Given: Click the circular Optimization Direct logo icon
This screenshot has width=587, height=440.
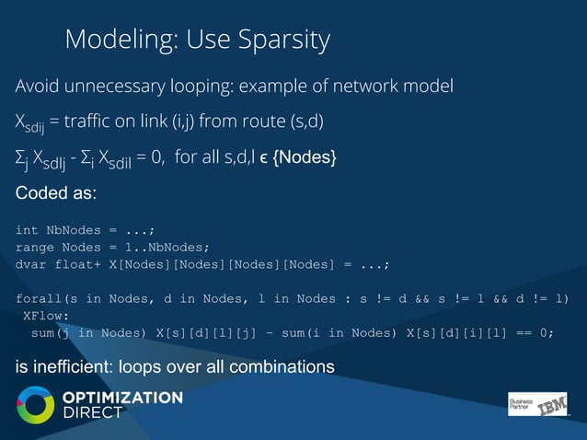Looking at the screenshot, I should pyautogui.click(x=36, y=405).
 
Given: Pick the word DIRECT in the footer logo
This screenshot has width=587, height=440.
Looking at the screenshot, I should pyautogui.click(x=92, y=413).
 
